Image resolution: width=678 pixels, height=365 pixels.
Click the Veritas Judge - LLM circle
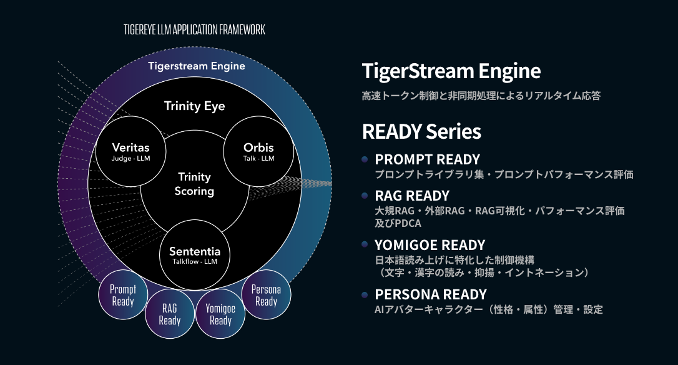click(x=130, y=151)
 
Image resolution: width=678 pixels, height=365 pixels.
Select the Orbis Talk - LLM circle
click(x=258, y=151)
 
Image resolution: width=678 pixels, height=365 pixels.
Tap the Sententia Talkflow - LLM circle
click(x=195, y=255)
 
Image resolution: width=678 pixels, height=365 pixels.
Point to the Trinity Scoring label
click(x=195, y=184)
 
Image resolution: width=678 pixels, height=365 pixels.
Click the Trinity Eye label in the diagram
click(x=195, y=106)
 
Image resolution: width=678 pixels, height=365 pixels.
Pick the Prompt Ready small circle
click(x=123, y=294)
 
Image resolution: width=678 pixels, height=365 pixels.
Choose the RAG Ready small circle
click(x=170, y=314)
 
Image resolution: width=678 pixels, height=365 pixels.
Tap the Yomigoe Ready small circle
click(x=220, y=314)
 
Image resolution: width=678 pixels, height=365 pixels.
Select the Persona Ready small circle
click(x=266, y=294)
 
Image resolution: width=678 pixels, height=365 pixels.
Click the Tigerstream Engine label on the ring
click(x=197, y=66)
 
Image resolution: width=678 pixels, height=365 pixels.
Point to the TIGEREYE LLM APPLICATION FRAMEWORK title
click(x=194, y=29)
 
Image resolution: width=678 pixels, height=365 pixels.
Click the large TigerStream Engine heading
click(x=451, y=71)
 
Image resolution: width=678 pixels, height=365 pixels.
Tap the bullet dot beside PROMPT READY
click(x=365, y=159)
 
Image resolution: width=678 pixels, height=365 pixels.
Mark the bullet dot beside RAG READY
click(x=365, y=195)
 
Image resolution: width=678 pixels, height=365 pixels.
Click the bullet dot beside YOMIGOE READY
click(x=365, y=244)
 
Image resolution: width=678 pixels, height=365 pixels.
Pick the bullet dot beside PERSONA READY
click(x=365, y=294)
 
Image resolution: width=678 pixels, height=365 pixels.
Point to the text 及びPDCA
click(x=398, y=223)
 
